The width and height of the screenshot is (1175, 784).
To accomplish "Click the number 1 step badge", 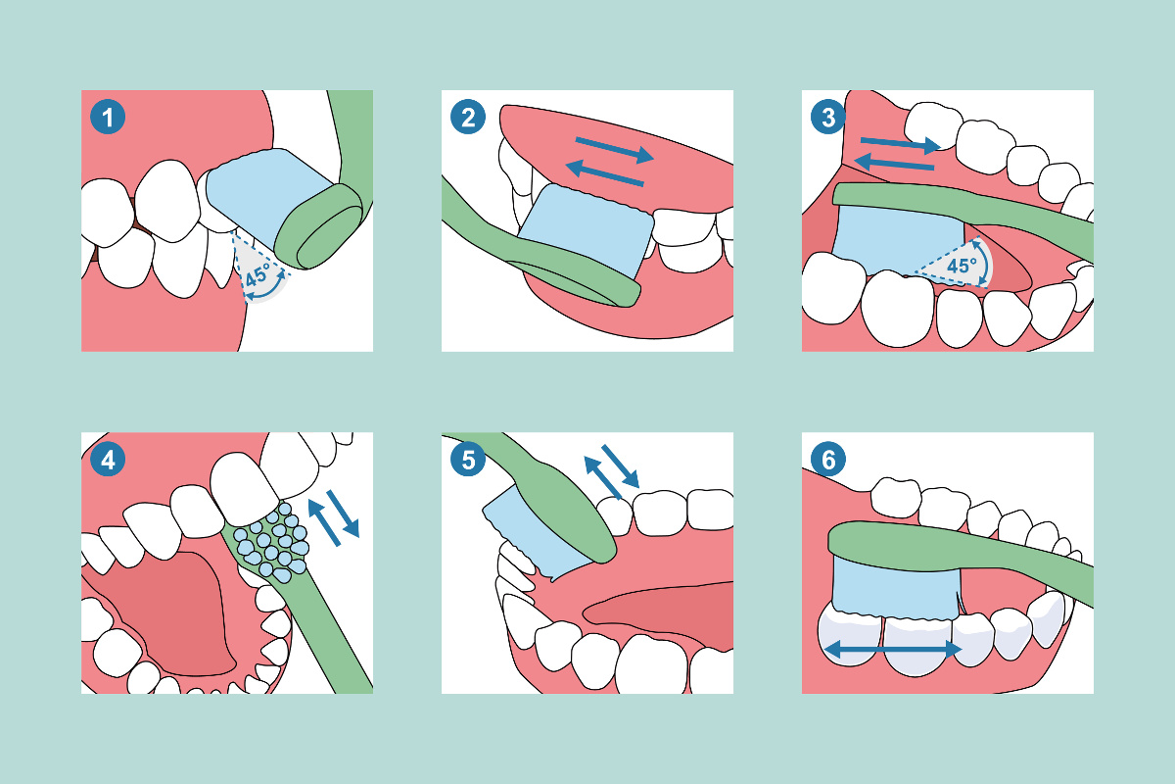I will (x=108, y=119).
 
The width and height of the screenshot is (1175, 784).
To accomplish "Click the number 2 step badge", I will (x=468, y=119).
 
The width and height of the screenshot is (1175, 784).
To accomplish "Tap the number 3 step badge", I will (x=828, y=119).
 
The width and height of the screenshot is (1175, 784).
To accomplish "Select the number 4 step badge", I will (x=108, y=460).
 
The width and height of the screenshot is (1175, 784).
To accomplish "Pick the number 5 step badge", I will (x=468, y=460).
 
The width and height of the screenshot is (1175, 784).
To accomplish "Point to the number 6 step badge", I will (x=828, y=460).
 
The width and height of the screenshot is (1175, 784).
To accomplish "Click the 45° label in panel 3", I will (x=961, y=266).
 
